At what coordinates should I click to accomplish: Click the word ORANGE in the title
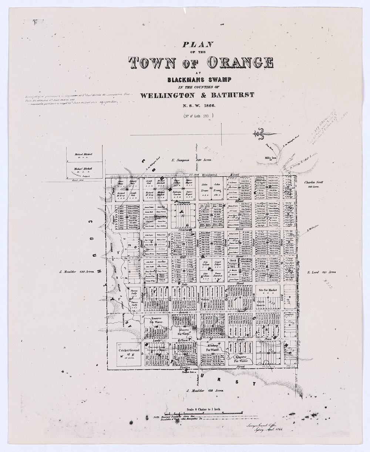(241, 64)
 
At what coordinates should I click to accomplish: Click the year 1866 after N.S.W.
(206, 105)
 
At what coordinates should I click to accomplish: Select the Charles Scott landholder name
(314, 182)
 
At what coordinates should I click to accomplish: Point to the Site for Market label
(268, 291)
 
